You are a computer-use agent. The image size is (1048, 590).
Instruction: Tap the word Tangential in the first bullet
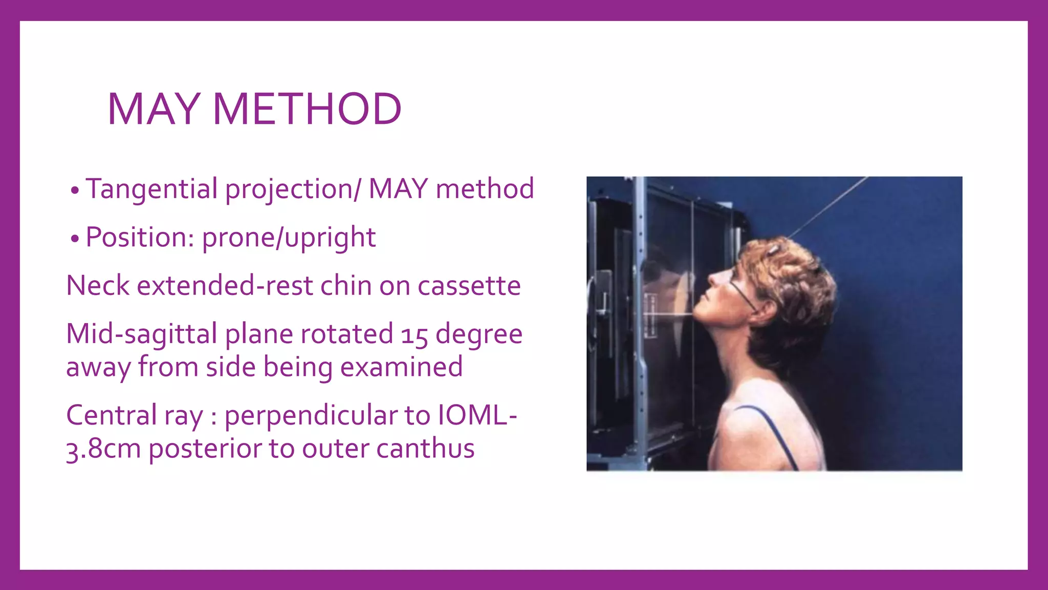click(151, 189)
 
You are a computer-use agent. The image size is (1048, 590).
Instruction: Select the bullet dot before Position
click(75, 239)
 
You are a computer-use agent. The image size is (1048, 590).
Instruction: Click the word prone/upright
click(289, 238)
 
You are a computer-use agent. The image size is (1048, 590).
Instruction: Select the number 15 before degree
click(414, 335)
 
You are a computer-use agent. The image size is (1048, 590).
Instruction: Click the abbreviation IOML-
click(477, 415)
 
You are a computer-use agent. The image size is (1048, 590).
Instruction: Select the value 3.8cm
click(103, 449)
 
